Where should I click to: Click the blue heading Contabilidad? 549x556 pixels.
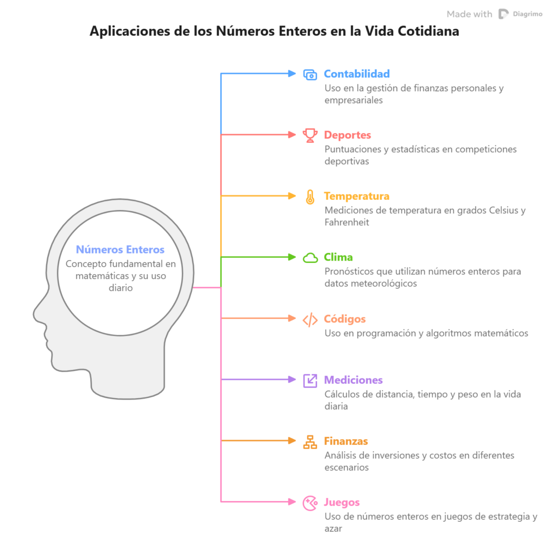356,74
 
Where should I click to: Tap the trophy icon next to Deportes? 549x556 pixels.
310,135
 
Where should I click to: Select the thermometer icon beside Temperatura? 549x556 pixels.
310,197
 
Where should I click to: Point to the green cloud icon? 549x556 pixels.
310,258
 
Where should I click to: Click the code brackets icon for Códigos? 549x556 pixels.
310,320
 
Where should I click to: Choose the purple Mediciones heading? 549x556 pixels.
353,380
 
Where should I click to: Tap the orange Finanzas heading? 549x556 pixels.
345,441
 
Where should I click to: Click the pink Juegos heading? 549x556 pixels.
342,503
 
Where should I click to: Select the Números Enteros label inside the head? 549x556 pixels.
119,250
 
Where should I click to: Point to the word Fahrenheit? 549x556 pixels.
346,223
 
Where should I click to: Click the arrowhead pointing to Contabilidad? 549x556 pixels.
292,74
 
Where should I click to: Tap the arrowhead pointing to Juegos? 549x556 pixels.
292,502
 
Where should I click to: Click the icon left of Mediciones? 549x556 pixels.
310,381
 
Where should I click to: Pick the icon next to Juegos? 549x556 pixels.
310,503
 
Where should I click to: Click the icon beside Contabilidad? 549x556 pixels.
310,75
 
